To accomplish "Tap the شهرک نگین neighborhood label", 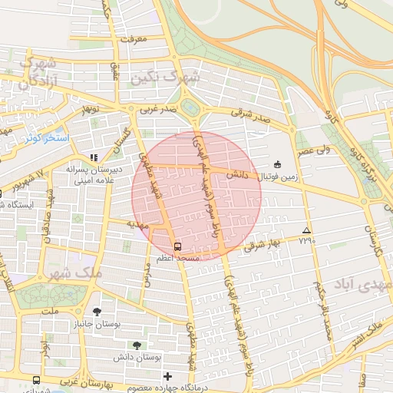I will tap(164, 78).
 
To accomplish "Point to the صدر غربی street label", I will tap(158, 110).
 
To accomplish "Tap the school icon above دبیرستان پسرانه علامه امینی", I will tap(94, 157).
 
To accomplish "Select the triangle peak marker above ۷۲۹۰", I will tap(307, 230).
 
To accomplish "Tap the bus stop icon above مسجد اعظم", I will tap(178, 247).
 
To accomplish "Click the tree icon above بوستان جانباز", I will tap(97, 312).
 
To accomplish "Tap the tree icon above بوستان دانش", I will tap(136, 345).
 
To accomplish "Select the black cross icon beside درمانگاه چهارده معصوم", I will tap(168, 376).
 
